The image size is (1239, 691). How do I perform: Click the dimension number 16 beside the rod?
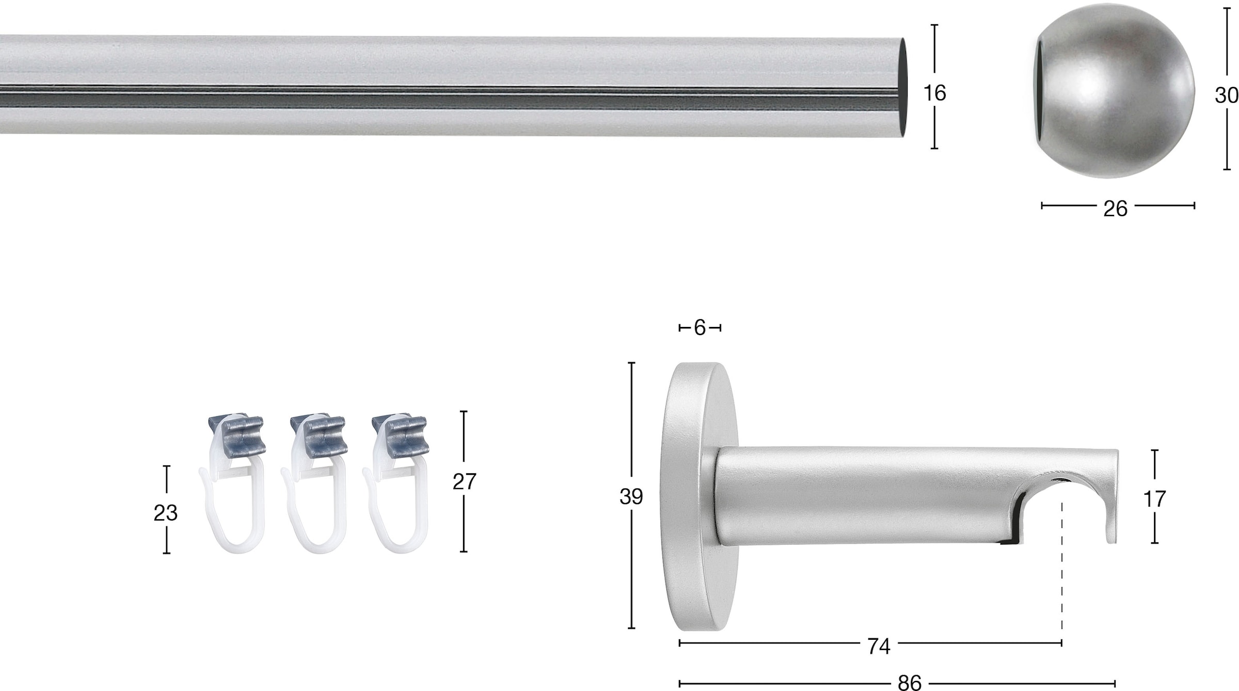[x=934, y=93]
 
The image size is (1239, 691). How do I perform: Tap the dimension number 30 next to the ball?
[x=1227, y=95]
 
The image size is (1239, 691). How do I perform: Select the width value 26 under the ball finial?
[x=1115, y=209]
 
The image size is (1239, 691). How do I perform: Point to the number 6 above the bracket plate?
[x=700, y=327]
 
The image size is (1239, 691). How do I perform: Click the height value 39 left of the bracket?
[x=631, y=496]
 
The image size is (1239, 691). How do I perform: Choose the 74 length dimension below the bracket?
[x=879, y=646]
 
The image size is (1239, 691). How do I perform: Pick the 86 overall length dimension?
[x=909, y=683]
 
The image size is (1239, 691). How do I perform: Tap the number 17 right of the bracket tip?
[x=1154, y=499]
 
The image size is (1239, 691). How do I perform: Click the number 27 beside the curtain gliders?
[x=464, y=482]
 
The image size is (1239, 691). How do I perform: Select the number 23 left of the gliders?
[x=165, y=513]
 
